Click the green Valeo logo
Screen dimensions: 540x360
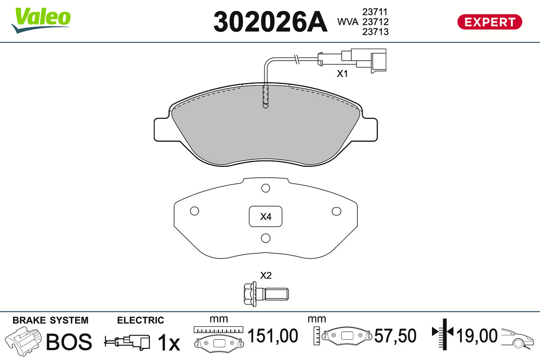tap(41, 20)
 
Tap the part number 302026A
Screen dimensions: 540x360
tap(270, 22)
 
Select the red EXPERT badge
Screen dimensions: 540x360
tap(490, 22)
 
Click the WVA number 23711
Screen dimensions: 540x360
tap(375, 12)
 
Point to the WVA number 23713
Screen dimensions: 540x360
tap(375, 32)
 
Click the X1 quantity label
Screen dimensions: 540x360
tap(342, 74)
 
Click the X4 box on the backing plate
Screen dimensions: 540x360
tap(265, 216)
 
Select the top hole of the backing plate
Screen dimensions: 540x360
tap(265, 188)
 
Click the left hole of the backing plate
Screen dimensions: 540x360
tap(194, 211)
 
